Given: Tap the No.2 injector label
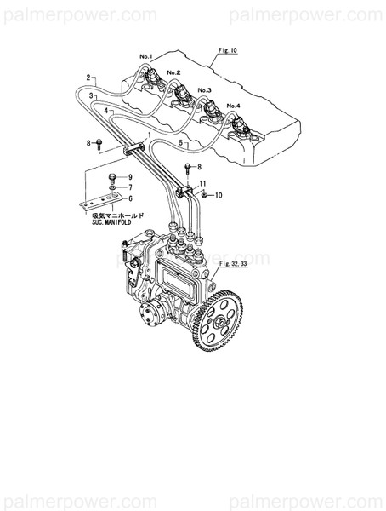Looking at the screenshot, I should pyautogui.click(x=174, y=73).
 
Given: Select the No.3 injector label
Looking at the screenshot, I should pyautogui.click(x=205, y=89).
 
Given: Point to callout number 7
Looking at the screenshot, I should pyautogui.click(x=131, y=187).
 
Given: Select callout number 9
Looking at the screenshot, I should pyautogui.click(x=131, y=177).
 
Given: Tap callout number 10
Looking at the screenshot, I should pyautogui.click(x=219, y=196).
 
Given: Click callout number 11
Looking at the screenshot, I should pyautogui.click(x=202, y=183).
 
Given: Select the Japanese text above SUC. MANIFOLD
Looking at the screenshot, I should pyautogui.click(x=119, y=216).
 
